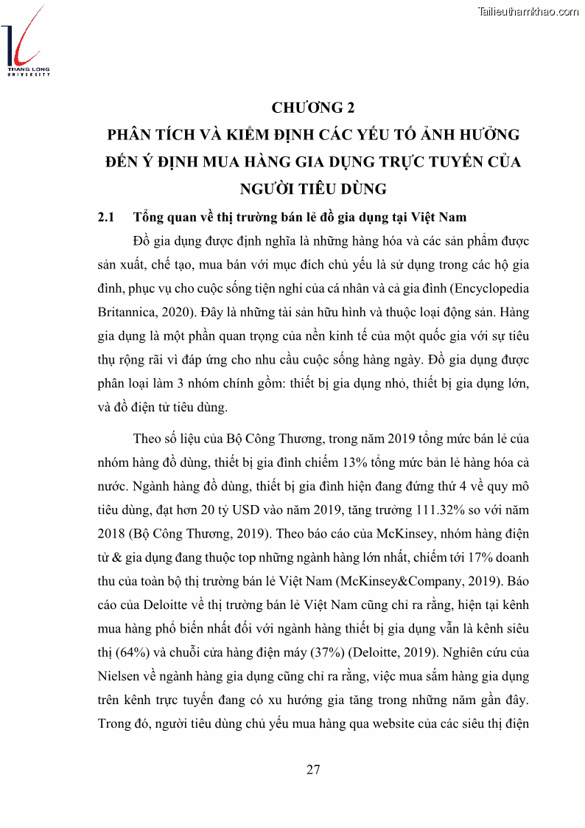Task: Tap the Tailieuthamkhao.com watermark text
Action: click(x=528, y=11)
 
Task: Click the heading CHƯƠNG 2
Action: click(x=313, y=108)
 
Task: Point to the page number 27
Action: click(x=313, y=770)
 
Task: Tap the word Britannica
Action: click(x=126, y=313)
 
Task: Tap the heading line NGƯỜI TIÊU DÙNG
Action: click(x=313, y=189)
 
